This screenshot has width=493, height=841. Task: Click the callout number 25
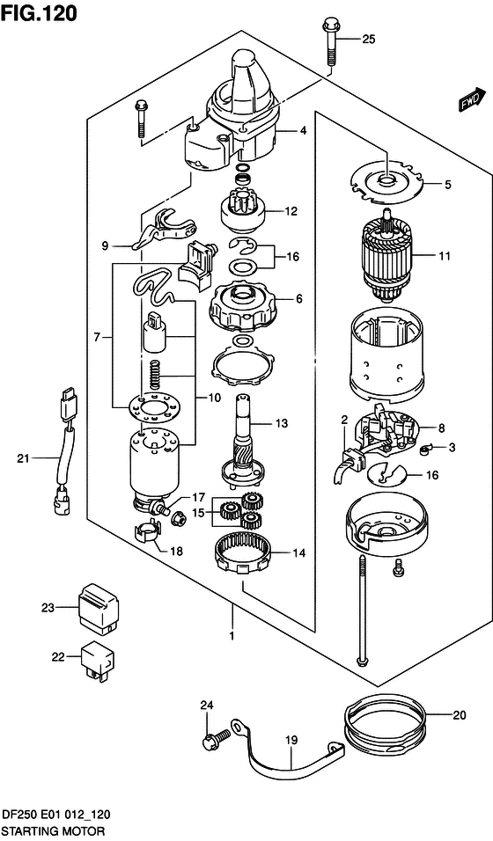point(368,39)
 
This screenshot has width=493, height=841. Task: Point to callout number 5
point(447,185)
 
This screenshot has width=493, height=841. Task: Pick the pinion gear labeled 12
point(241,211)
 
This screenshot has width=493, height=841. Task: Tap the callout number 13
point(281,423)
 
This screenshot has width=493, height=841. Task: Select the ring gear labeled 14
point(250,553)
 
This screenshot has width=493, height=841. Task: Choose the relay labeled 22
point(97,658)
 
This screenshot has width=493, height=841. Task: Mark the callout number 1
point(232,635)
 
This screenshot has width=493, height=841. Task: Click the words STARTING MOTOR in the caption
point(53,830)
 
